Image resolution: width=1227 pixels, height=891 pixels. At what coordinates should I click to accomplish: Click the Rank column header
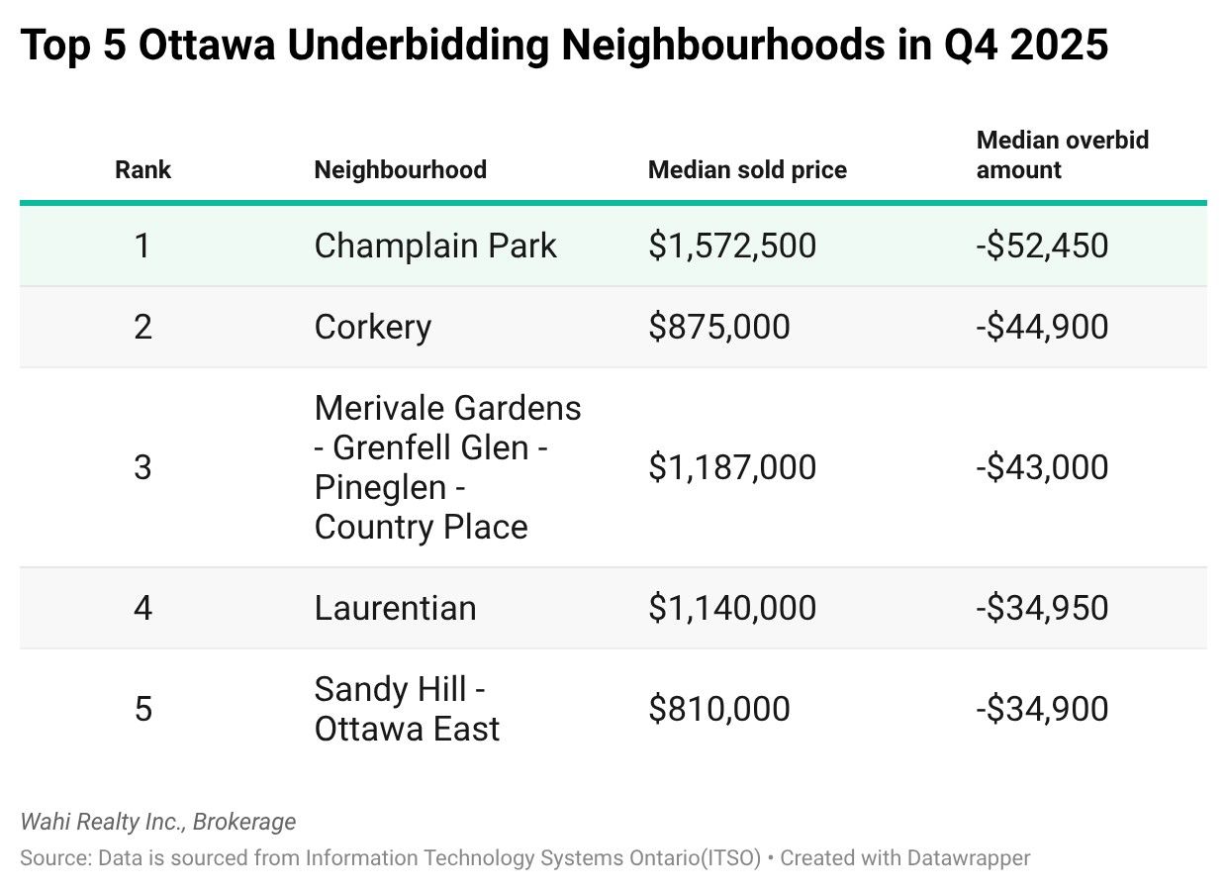pos(142,170)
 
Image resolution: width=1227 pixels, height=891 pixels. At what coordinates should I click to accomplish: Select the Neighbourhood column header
pos(400,170)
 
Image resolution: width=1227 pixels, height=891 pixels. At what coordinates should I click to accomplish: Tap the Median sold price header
pos(747,170)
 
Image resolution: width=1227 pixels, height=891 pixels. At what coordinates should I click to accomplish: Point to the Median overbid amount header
pos(1062,155)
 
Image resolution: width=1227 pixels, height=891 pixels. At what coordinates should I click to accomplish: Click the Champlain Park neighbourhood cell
pos(435,246)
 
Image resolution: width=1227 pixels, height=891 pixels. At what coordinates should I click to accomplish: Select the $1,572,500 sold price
pos(732,246)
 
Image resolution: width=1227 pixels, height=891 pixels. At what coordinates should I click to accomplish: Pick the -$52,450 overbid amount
pos(1042,246)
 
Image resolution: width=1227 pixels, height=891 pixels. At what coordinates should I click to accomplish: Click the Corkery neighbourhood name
pos(372,327)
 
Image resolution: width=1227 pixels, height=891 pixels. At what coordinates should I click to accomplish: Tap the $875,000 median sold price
pos(719,327)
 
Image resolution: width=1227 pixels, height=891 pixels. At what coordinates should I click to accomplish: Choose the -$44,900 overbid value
pos(1042,327)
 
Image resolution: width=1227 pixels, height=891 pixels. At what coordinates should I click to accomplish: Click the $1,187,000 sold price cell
pos(732,467)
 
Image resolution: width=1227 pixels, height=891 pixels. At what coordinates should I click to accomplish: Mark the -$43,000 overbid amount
pos(1042,467)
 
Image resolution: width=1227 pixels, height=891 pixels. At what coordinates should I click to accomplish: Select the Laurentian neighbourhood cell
pos(395,608)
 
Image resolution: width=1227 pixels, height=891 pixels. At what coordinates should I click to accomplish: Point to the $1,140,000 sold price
pos(732,608)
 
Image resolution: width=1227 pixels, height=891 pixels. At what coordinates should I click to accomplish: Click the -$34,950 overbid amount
pos(1042,608)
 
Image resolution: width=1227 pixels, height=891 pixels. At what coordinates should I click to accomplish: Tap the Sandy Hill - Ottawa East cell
pos(407,709)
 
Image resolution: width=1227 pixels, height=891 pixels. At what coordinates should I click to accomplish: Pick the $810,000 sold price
pos(719,709)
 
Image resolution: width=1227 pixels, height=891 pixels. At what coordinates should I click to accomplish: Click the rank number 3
pos(142,467)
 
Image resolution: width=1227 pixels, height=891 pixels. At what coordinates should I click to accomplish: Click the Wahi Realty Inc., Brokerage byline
pos(157,822)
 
